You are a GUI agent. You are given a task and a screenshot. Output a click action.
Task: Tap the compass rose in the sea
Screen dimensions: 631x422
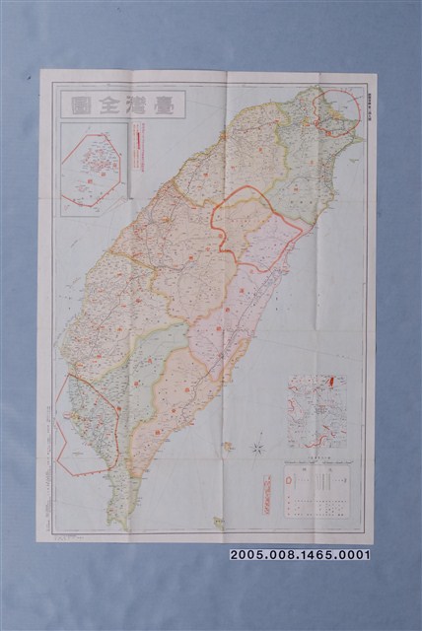pos(255,449)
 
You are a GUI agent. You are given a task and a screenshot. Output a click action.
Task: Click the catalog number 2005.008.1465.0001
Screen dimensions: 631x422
pos(300,555)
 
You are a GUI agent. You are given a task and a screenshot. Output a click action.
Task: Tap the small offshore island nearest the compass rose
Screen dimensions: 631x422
pos(228,446)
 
